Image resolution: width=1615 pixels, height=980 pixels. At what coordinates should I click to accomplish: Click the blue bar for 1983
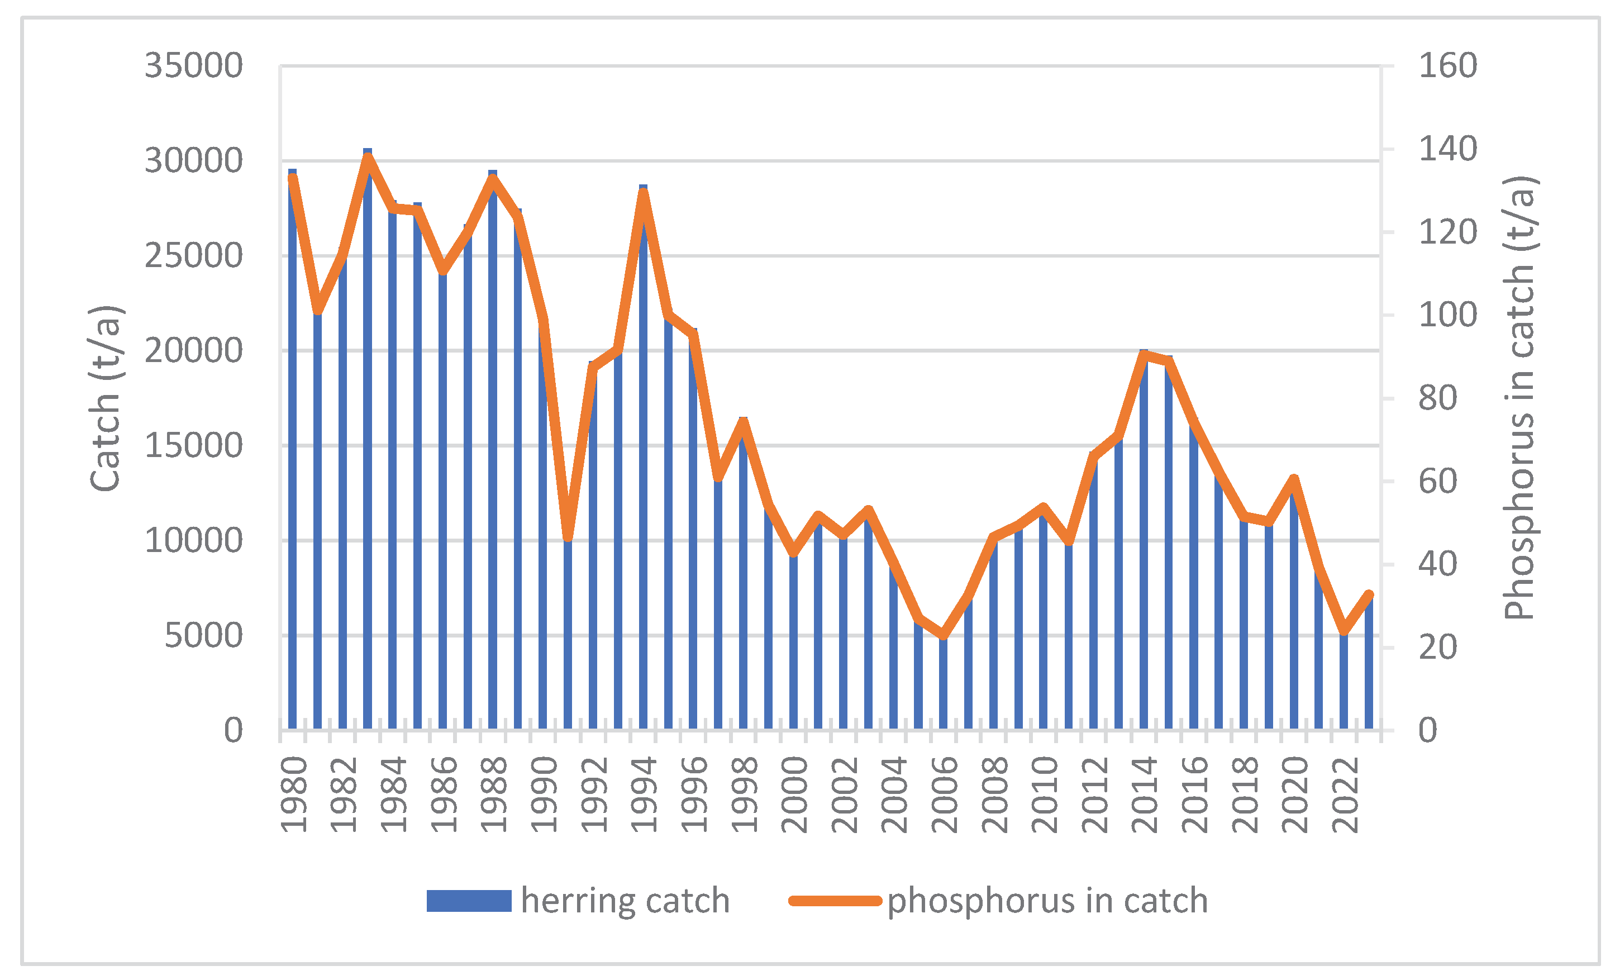(368, 459)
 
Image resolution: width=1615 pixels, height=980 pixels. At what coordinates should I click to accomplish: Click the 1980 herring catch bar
(292, 459)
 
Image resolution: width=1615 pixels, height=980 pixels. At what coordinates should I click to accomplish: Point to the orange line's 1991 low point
(568, 537)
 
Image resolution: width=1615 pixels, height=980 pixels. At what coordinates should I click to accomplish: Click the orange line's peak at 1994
(643, 192)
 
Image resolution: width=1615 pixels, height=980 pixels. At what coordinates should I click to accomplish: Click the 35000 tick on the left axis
(193, 66)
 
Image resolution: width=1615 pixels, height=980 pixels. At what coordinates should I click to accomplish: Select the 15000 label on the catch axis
(193, 446)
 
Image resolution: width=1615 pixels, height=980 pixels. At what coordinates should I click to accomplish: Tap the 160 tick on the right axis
(1447, 66)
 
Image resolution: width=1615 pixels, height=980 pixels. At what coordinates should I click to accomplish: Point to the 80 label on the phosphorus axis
(1437, 398)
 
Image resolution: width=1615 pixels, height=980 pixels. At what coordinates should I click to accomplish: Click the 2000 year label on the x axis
(794, 795)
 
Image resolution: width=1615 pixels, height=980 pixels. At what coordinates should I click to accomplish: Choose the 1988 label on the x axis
(493, 795)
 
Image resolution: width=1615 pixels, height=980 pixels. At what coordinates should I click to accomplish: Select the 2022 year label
(1345, 795)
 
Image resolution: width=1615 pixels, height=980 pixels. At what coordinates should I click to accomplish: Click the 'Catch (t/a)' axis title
(106, 398)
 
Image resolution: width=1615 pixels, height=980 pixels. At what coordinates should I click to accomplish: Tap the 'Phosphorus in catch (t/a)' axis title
(1519, 398)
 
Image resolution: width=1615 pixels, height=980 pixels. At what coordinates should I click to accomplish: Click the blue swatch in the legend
(469, 901)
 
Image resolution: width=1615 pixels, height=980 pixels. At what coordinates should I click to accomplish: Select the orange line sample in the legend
(835, 901)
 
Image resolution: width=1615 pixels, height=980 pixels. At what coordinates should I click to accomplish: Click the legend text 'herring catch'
(625, 901)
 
